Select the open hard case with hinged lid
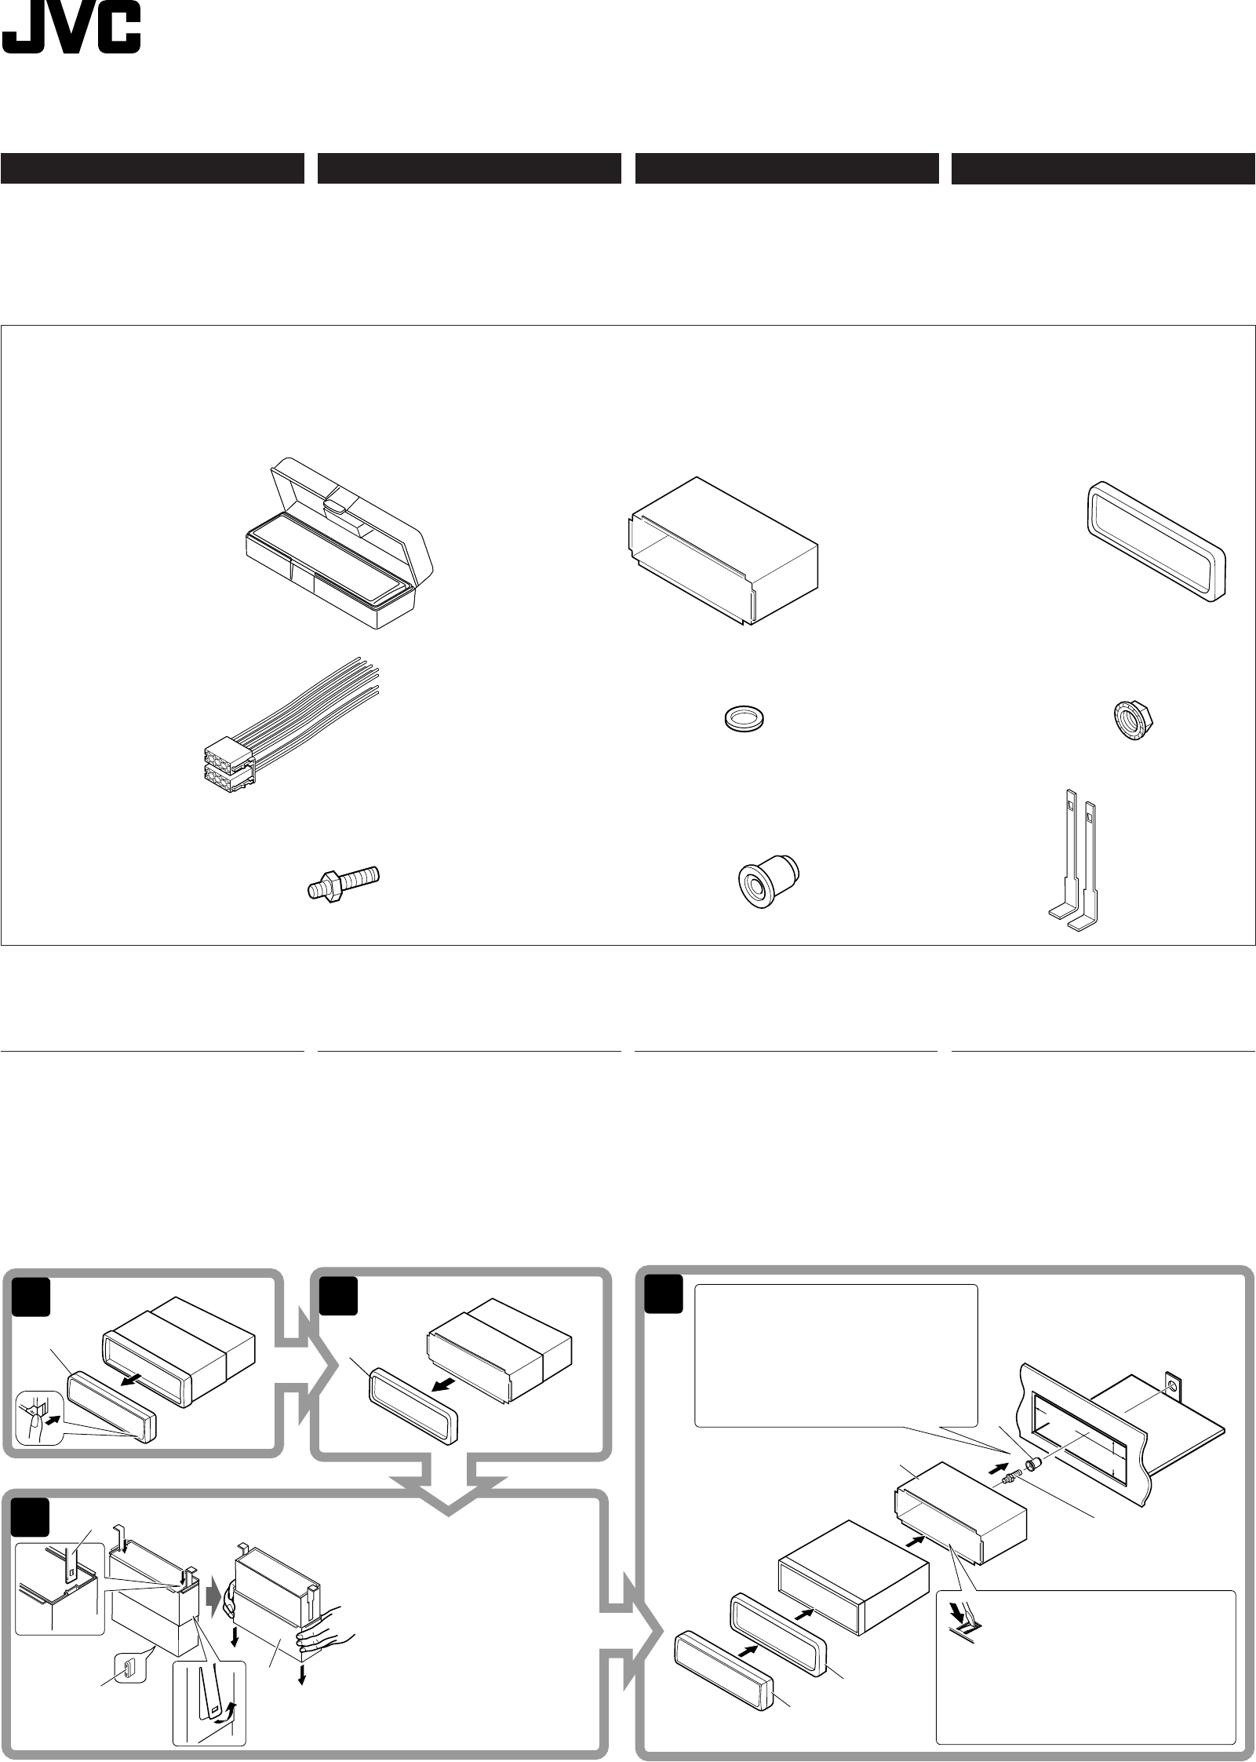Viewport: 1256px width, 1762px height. tap(337, 543)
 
